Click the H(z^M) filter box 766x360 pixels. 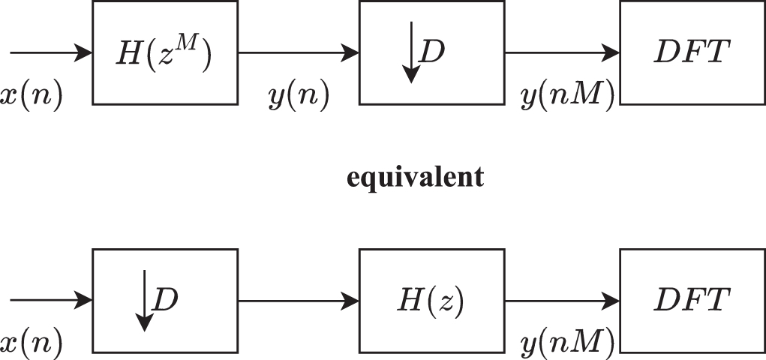coord(164,52)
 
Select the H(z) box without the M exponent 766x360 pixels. coord(431,301)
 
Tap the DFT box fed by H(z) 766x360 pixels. coord(692,301)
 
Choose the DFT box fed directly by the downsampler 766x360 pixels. coord(692,52)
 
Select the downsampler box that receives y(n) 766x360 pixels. coord(431,52)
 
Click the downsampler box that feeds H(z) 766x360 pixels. coord(164,301)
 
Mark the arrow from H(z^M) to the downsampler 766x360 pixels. coord(299,52)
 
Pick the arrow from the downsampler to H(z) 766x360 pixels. coord(299,301)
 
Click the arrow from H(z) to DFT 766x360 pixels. coord(563,301)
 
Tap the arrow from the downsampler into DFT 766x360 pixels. coord(563,52)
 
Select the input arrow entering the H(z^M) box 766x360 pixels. coord(50,52)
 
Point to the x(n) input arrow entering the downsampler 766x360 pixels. coord(50,301)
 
